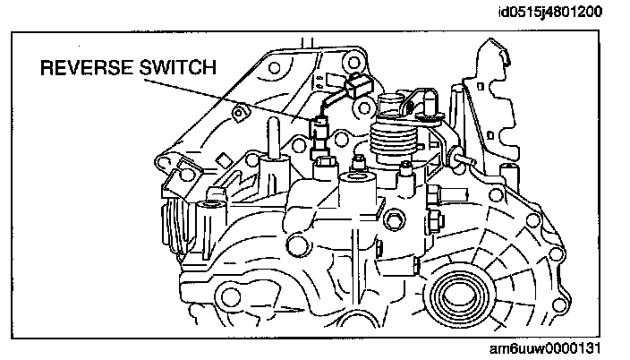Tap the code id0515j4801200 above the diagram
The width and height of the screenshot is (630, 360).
552,13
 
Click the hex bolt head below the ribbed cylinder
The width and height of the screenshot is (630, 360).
395,219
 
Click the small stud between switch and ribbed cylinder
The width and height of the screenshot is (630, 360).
358,162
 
